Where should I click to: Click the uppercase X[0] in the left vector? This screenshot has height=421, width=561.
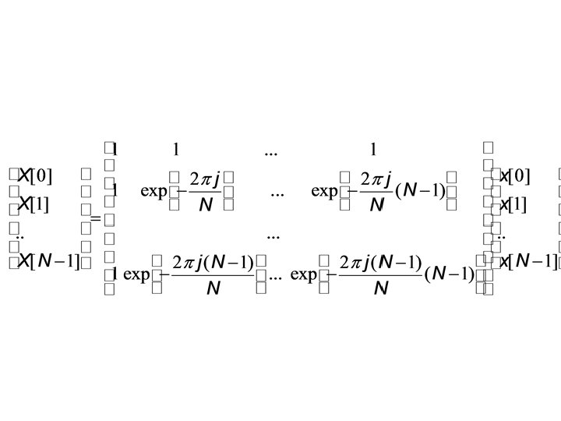35,175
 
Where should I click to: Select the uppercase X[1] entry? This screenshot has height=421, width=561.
34,205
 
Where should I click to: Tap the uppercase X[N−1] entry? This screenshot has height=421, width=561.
48,261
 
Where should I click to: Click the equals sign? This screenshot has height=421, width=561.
95,218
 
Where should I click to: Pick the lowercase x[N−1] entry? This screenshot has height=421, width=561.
527,260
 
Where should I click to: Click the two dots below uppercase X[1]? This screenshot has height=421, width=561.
19,235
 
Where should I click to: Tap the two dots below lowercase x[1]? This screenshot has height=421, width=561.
501,235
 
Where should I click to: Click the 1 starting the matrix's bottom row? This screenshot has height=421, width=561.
115,274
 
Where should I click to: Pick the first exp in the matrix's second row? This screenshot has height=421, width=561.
153,191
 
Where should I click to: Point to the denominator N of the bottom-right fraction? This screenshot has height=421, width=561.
381,289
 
